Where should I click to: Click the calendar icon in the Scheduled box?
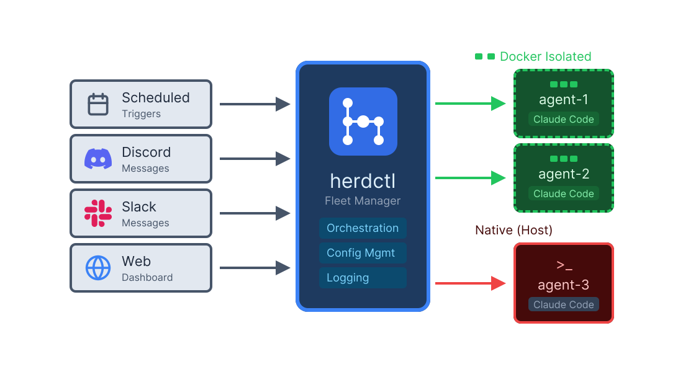tap(98, 104)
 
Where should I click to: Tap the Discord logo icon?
tap(98, 159)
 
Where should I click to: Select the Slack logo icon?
tap(98, 213)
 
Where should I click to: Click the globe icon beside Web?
tap(98, 268)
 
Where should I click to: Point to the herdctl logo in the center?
tap(363, 122)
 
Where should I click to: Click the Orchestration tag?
tap(363, 228)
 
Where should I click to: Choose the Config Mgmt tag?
tap(363, 253)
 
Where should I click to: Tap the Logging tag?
tap(363, 278)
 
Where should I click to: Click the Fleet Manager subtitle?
tap(363, 201)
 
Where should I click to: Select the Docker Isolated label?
tap(545, 56)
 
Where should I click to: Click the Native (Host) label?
tap(513, 230)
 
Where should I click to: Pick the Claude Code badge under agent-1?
tap(563, 119)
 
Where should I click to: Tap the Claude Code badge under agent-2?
tap(563, 193)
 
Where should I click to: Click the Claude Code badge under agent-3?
tap(563, 304)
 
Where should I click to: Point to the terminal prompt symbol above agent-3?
tap(564, 265)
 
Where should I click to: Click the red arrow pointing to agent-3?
tap(471, 283)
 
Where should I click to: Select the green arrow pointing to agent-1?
tap(471, 104)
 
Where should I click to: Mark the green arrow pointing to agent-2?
tap(471, 178)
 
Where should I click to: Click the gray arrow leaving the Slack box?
tap(255, 213)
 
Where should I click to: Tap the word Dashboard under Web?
tap(147, 278)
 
